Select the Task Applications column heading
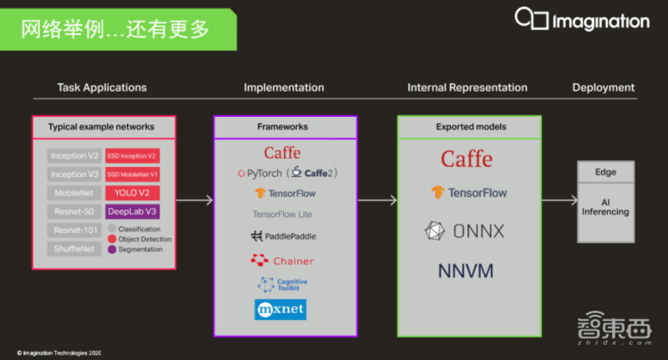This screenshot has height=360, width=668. click(x=102, y=88)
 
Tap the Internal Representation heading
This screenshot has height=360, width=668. click(x=467, y=88)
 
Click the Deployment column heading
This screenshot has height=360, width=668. click(x=603, y=88)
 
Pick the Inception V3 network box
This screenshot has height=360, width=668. click(x=74, y=174)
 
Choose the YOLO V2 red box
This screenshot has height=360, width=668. click(x=132, y=193)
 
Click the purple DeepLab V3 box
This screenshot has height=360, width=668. click(x=132, y=211)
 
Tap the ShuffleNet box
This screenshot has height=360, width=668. click(x=74, y=249)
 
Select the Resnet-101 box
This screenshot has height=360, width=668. click(x=74, y=230)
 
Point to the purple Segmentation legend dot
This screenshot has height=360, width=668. click(x=112, y=249)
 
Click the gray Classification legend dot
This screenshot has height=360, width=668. click(x=112, y=229)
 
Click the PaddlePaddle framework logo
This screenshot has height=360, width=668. click(x=284, y=236)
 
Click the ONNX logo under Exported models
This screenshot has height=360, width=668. click(x=466, y=231)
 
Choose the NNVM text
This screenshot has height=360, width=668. click(x=466, y=271)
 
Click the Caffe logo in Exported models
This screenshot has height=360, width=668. click(x=467, y=159)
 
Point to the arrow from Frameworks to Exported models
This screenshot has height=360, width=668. click(x=377, y=200)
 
